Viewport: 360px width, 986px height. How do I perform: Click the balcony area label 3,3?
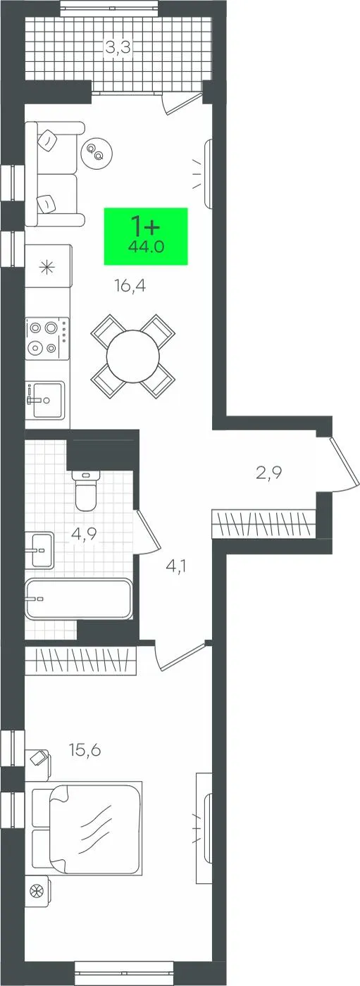(118, 47)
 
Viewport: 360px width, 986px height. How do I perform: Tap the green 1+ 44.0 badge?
(146, 237)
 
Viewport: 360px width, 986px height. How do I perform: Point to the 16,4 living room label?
(130, 287)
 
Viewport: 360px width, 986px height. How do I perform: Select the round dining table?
(133, 356)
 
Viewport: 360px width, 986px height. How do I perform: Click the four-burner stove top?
(47, 337)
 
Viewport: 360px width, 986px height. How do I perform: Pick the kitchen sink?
(45, 400)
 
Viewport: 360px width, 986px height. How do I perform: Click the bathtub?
(78, 598)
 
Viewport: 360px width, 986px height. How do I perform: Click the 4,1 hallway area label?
(175, 566)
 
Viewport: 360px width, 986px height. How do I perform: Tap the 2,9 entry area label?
(269, 473)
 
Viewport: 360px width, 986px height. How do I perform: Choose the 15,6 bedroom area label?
(85, 749)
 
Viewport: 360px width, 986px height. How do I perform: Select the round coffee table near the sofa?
(97, 152)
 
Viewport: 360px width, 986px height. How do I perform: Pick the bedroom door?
(180, 656)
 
